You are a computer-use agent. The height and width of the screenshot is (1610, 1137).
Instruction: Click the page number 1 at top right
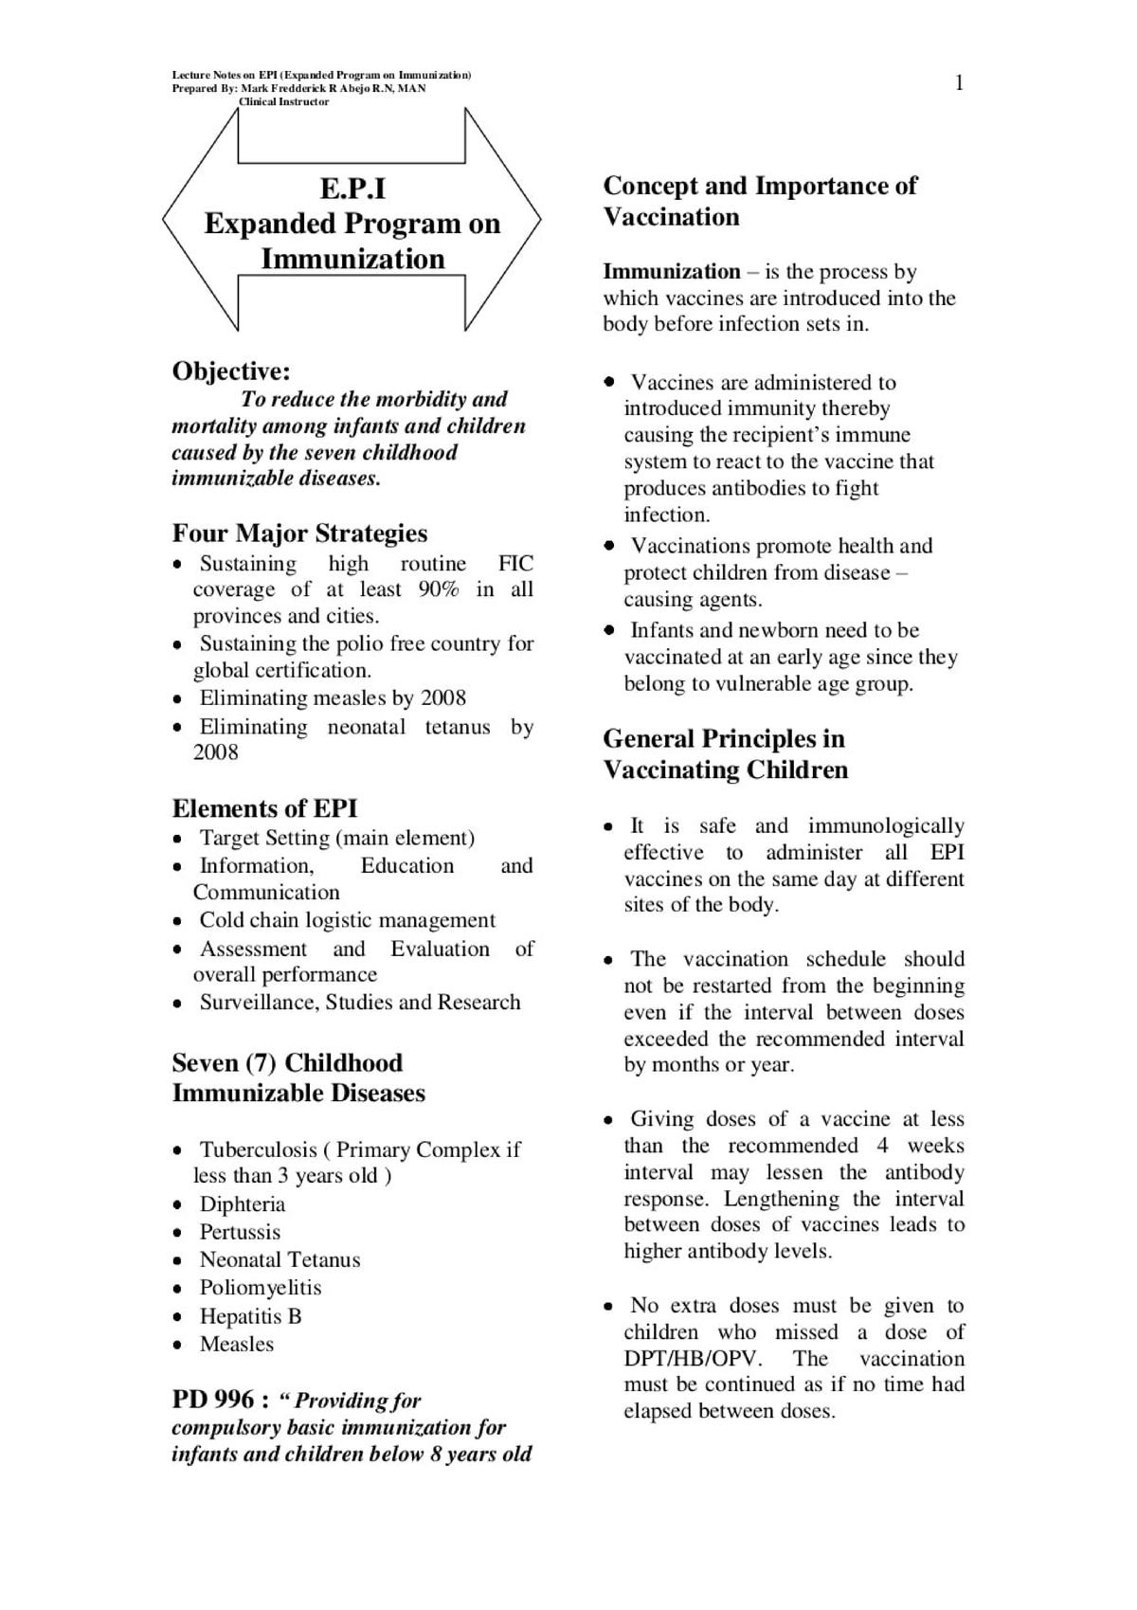(x=959, y=83)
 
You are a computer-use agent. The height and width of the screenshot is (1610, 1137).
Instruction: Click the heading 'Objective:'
(x=231, y=371)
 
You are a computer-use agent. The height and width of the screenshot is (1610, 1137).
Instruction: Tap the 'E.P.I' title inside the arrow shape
(x=352, y=189)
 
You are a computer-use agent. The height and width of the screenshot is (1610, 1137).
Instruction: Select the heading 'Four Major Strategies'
(x=299, y=533)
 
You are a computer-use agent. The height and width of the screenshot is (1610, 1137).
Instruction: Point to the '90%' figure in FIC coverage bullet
(x=438, y=589)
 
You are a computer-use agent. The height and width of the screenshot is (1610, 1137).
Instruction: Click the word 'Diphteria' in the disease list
(x=242, y=1204)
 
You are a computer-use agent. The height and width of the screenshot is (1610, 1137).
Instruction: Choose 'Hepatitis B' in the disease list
(x=250, y=1316)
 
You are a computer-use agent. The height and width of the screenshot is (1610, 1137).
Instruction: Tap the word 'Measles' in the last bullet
(x=236, y=1344)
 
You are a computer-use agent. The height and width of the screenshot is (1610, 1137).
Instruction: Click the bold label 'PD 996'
(x=213, y=1400)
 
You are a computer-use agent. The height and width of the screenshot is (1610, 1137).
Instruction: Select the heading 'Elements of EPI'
(x=264, y=808)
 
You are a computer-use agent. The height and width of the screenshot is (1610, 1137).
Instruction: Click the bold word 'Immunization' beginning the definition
(x=671, y=272)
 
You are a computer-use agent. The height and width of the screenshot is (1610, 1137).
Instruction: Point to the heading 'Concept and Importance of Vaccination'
(x=760, y=201)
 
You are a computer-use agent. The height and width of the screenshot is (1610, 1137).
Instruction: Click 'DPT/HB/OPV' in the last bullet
(x=693, y=1358)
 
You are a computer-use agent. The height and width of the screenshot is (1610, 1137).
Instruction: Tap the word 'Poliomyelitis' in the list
(x=260, y=1288)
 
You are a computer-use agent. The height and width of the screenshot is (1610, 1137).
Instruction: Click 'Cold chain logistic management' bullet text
(x=347, y=920)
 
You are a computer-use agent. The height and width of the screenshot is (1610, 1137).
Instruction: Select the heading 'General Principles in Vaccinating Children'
(x=725, y=754)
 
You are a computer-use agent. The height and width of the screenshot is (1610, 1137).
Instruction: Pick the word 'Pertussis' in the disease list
(x=240, y=1232)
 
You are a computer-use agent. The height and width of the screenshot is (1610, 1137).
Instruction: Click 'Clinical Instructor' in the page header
(x=283, y=101)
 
